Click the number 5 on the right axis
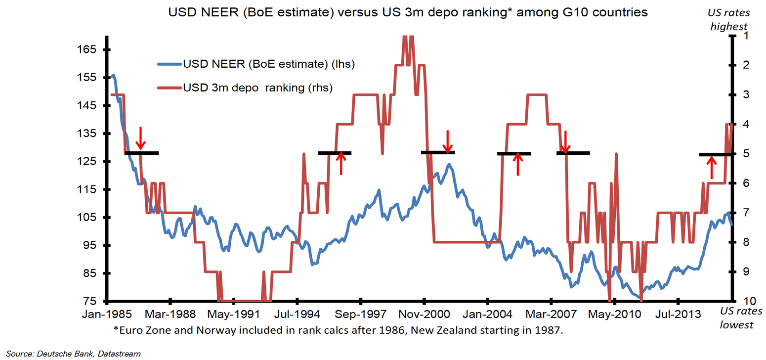tap(746, 154)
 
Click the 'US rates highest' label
tap(729, 19)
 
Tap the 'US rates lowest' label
tap(737, 318)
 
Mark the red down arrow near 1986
tap(140, 138)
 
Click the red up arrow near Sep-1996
tap(341, 164)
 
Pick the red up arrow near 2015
tap(711, 167)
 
